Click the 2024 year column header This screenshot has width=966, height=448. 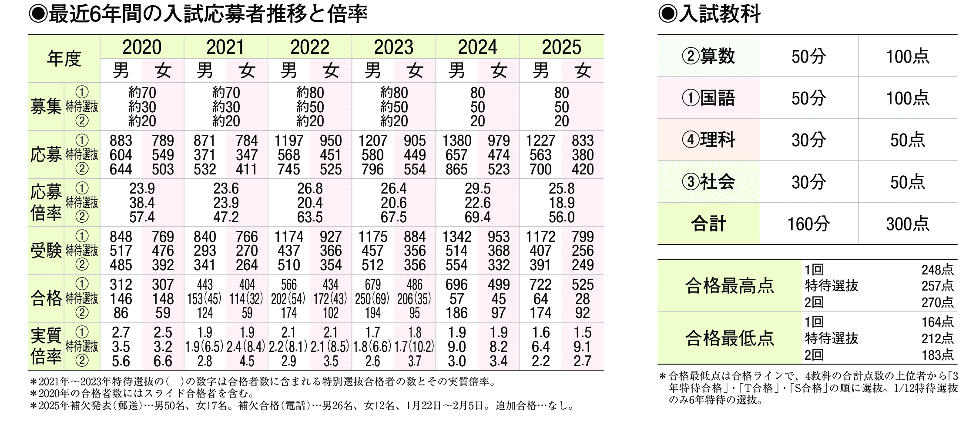(x=477, y=47)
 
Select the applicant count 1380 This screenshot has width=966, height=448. (x=456, y=141)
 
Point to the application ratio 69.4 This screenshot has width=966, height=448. (x=477, y=217)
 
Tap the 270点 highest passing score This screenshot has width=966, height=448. (x=937, y=302)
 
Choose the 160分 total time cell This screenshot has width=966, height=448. (x=808, y=224)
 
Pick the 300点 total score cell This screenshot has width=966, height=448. (x=908, y=224)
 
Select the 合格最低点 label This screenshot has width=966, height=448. (x=729, y=338)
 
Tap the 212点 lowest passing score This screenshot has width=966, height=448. (x=937, y=338)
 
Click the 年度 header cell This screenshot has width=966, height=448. (x=64, y=59)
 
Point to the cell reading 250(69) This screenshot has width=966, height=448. (x=372, y=299)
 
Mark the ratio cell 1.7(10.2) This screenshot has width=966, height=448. (x=414, y=347)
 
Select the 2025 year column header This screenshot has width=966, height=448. (x=561, y=47)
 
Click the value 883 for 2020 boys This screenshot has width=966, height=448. (x=121, y=141)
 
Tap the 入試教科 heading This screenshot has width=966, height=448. (x=710, y=14)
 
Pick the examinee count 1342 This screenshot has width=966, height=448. (x=456, y=237)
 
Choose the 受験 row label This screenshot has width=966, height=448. (x=46, y=251)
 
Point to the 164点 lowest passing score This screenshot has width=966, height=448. (x=937, y=322)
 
